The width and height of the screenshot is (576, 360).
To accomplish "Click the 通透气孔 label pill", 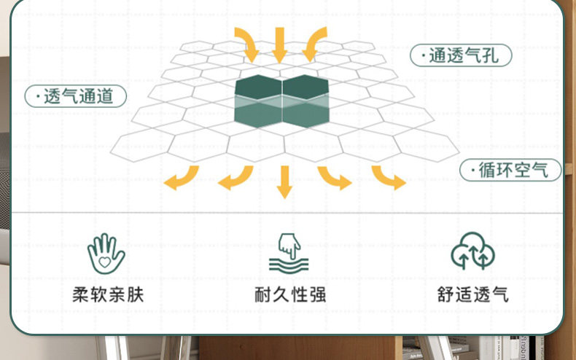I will tap(461, 55).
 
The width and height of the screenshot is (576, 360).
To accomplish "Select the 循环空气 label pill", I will tap(511, 171).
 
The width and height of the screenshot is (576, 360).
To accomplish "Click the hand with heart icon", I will tap(106, 252).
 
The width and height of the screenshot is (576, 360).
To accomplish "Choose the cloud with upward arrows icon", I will tap(472, 251).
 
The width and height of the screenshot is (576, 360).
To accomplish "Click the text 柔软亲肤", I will tap(108, 295).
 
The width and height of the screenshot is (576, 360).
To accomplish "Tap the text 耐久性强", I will tap(289, 295).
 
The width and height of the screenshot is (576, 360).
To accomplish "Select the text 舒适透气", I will tap(472, 295).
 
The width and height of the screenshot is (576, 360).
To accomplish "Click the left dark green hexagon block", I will tap(258, 100).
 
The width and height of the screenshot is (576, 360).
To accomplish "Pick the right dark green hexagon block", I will tap(305, 100).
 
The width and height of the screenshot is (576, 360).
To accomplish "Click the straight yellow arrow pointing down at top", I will tap(279, 44).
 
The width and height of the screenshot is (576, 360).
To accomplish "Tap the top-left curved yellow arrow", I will tap(247, 45).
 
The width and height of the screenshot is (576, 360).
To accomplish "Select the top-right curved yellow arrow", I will tap(312, 45).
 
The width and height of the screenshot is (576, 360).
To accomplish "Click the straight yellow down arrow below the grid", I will tap(284, 182).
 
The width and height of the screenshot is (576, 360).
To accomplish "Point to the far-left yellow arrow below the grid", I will tap(180, 178).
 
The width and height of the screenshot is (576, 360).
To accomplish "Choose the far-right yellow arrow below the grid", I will tap(389, 178).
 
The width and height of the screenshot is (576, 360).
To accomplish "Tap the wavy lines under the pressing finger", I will tap(288, 263).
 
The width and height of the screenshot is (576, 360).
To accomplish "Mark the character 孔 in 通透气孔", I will tap(491, 55).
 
